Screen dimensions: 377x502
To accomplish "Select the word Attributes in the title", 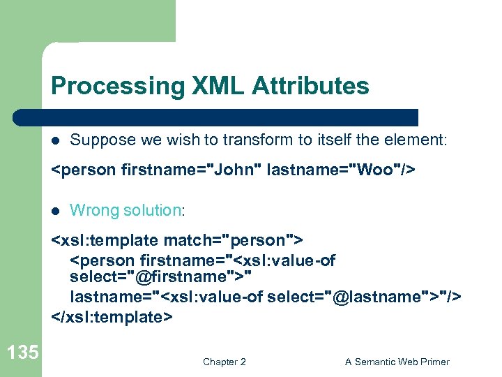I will [310, 87].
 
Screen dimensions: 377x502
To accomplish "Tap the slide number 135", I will [24, 353].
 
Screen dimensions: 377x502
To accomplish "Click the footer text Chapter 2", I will [224, 362].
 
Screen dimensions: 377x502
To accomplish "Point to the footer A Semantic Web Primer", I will [397, 362].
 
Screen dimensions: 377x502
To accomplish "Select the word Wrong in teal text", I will [95, 209].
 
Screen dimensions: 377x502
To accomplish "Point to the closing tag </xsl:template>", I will [112, 316].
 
